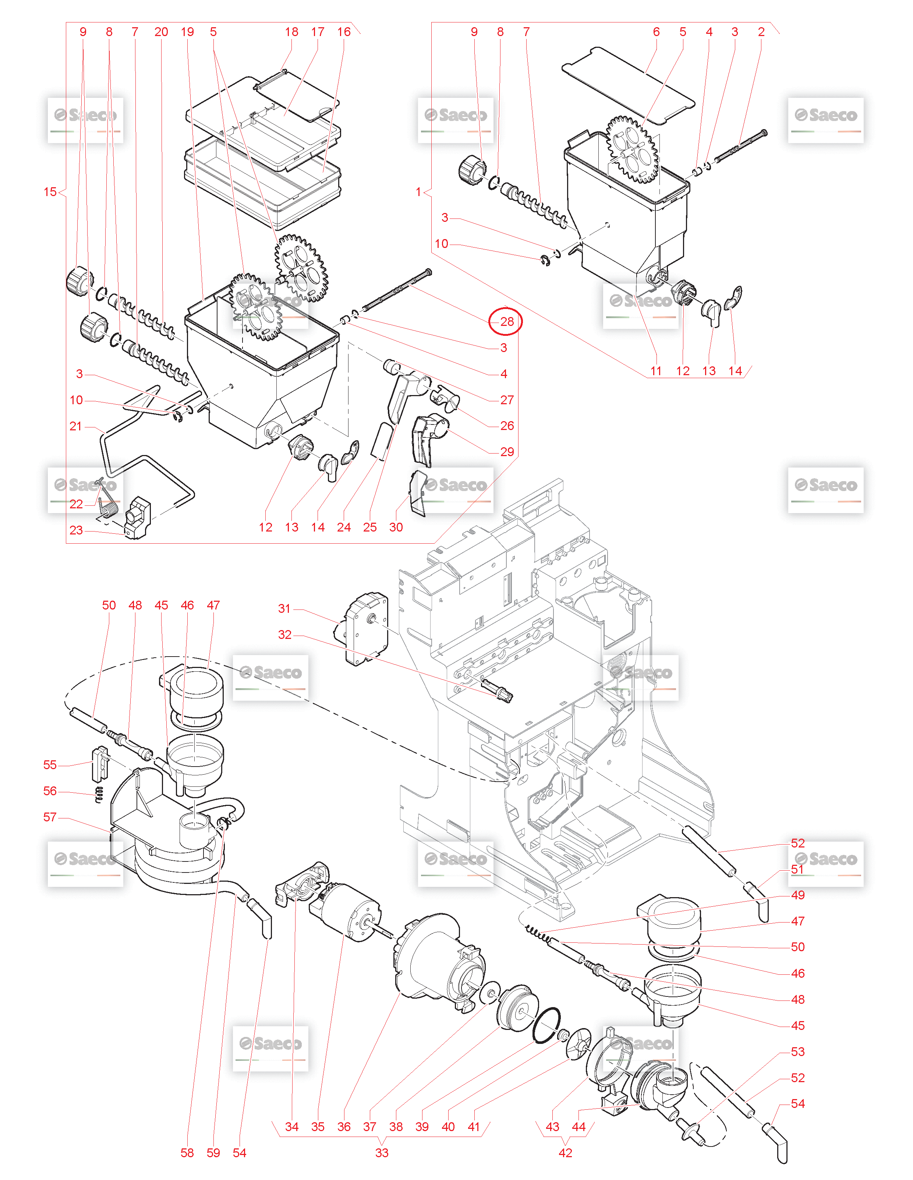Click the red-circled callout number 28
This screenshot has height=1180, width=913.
click(x=506, y=321)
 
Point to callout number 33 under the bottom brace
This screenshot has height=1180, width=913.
click(x=382, y=1152)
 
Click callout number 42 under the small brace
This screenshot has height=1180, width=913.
click(x=565, y=1152)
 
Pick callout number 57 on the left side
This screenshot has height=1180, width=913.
click(x=50, y=817)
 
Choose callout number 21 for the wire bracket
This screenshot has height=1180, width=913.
click(x=76, y=426)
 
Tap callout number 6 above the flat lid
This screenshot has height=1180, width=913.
click(x=656, y=32)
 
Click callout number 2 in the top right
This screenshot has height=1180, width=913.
click(x=761, y=32)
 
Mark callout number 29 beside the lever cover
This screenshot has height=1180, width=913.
click(x=506, y=452)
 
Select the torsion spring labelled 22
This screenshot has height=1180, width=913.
click(x=107, y=505)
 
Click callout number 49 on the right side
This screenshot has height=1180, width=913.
click(x=797, y=895)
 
